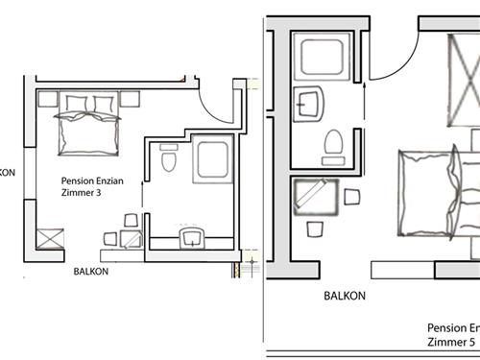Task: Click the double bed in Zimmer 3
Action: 89,124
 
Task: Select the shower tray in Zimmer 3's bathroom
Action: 209,159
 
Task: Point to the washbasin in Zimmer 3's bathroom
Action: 192,234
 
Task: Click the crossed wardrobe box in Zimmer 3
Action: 50,237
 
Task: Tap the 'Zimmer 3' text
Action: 82,193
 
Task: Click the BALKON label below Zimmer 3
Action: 91,271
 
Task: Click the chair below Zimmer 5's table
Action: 314,230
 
